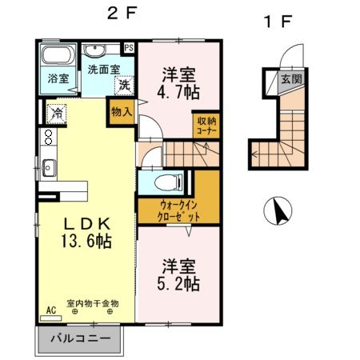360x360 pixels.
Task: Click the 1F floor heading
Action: [278, 22]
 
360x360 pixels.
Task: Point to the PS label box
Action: [129, 47]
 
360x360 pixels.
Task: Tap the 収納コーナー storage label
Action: [207, 126]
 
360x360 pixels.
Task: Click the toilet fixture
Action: [165, 181]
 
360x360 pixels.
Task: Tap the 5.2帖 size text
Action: [178, 283]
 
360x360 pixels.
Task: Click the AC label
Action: [51, 310]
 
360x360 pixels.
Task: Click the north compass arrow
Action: [280, 212]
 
